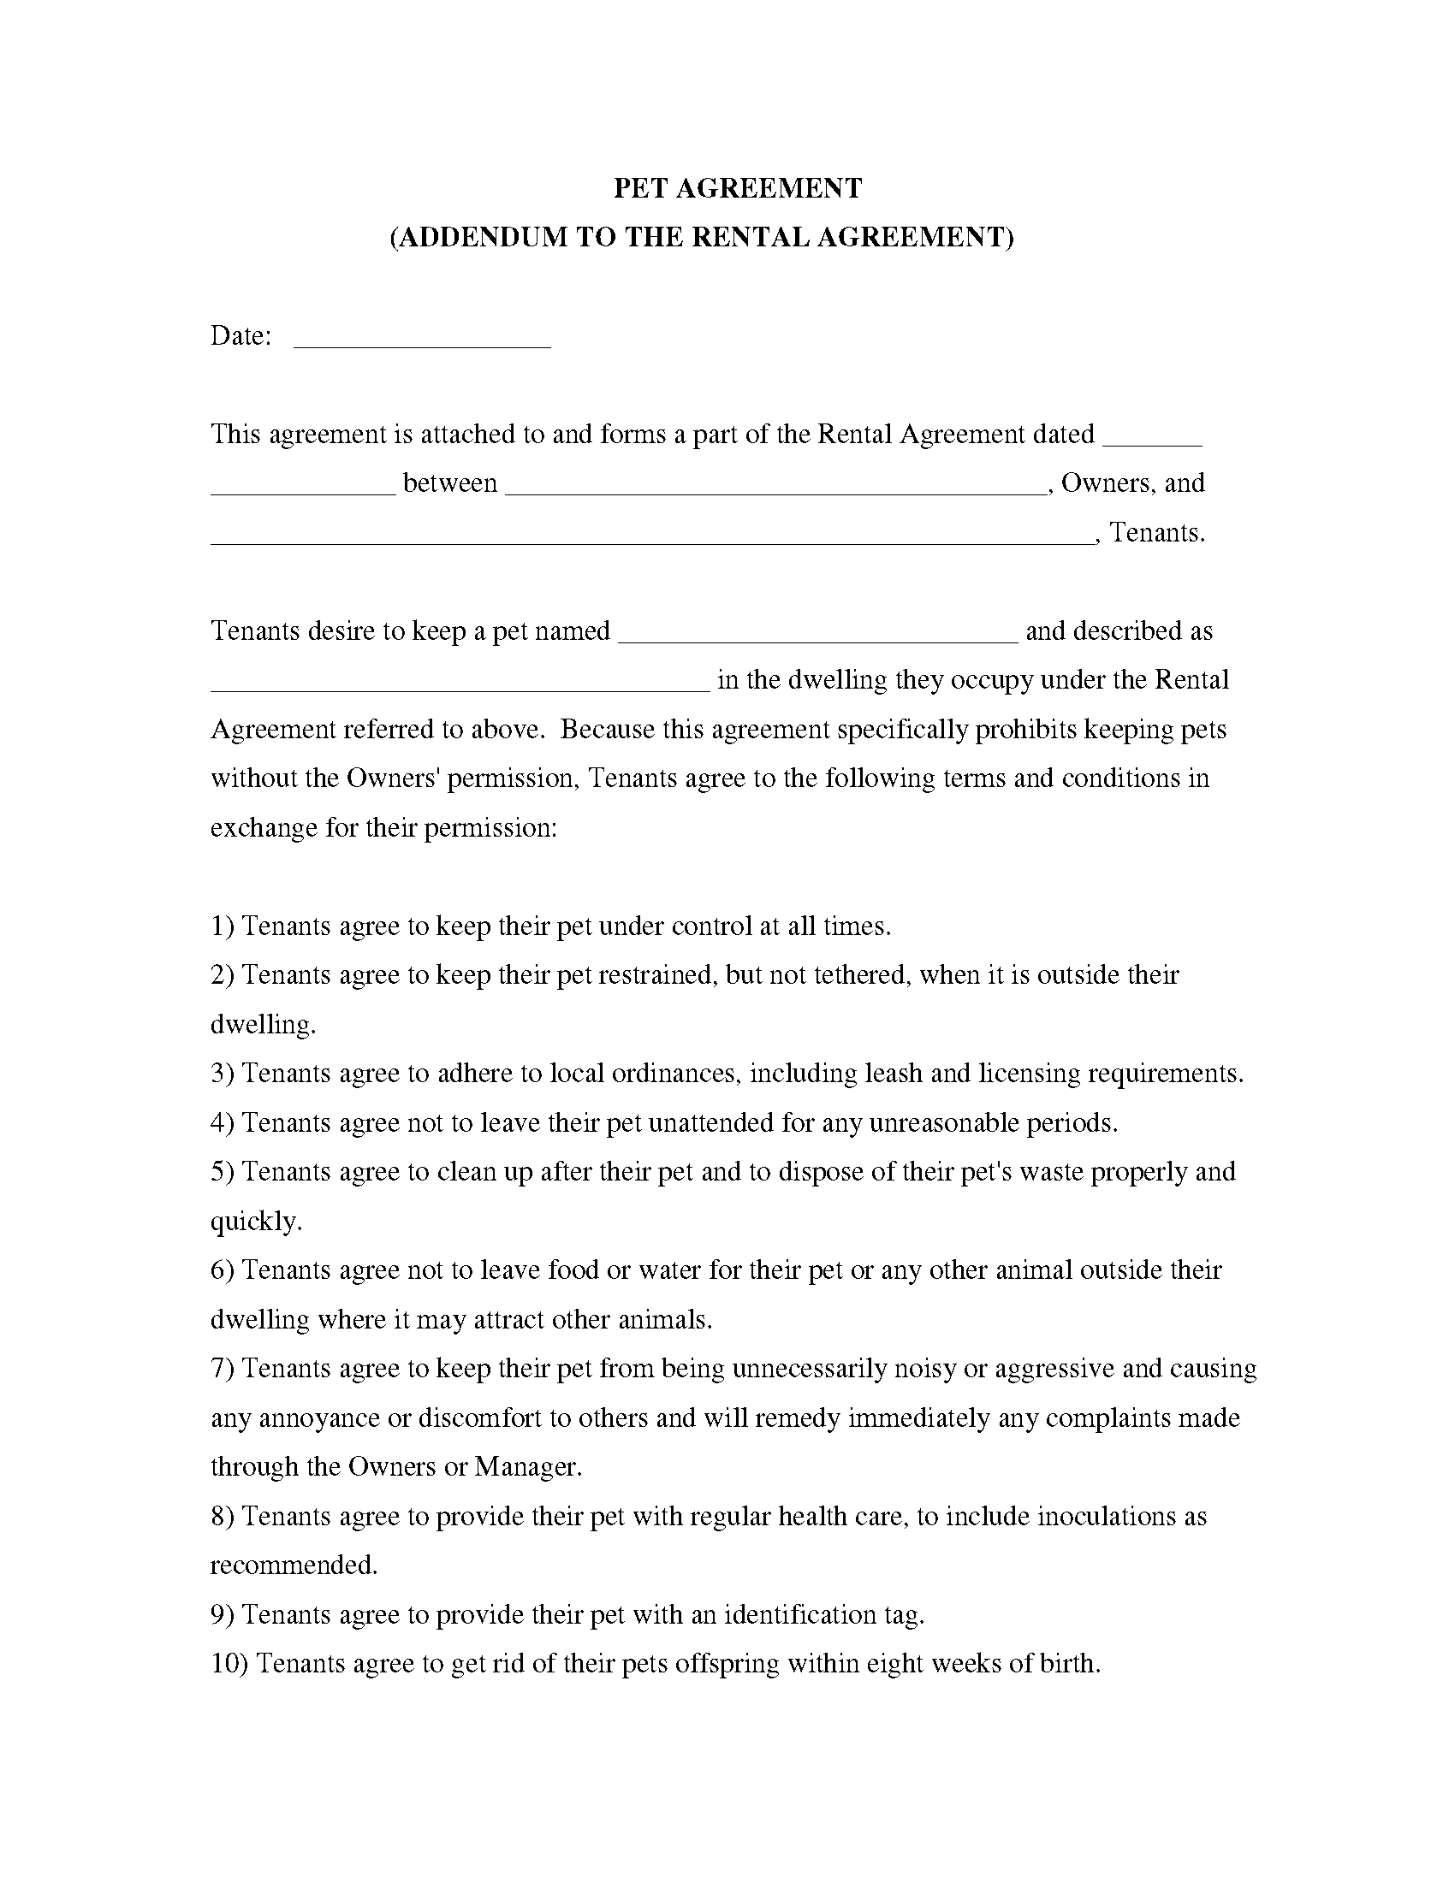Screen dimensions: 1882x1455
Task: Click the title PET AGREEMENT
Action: pyautogui.click(x=737, y=189)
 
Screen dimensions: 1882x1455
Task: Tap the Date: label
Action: pyautogui.click(x=241, y=336)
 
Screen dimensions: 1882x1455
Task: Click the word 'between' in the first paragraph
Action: pyautogui.click(x=450, y=483)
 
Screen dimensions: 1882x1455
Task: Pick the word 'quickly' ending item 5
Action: pyautogui.click(x=254, y=1222)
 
